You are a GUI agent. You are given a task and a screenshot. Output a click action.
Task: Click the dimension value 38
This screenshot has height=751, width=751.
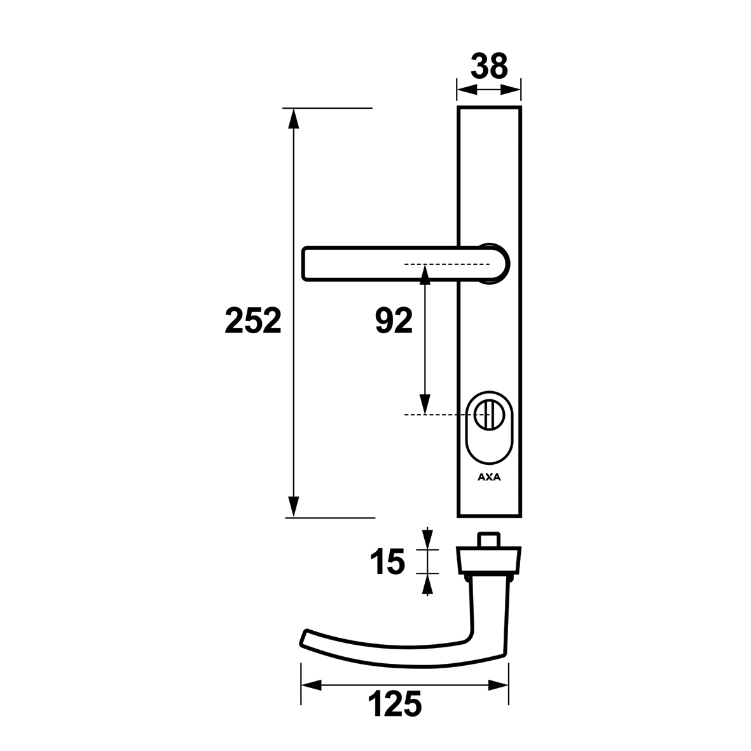click(x=488, y=66)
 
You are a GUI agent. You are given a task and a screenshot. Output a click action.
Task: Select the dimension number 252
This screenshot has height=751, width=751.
click(x=253, y=320)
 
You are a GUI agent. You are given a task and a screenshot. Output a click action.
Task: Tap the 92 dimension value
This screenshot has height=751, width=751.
click(x=394, y=320)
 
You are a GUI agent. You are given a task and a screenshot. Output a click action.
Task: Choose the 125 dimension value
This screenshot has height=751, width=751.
click(x=395, y=704)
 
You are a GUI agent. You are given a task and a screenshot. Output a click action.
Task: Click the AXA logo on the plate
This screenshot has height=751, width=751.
click(x=489, y=477)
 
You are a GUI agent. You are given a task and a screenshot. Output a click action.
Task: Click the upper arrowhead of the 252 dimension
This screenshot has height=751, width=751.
click(x=293, y=119)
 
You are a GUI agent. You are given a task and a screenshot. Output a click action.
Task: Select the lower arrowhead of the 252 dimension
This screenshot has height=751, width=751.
click(x=293, y=507)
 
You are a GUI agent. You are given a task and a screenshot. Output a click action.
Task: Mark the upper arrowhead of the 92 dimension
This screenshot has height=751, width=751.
click(x=425, y=275)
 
